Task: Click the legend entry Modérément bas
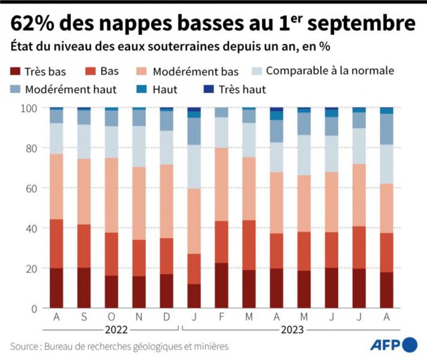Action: [x=196, y=71]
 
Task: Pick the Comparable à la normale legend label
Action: [x=330, y=70]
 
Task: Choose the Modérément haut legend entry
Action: [x=70, y=89]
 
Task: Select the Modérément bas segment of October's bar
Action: [x=111, y=195]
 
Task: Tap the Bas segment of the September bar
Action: [x=84, y=246]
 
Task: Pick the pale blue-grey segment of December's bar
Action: [x=166, y=147]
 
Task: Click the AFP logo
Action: [x=392, y=345]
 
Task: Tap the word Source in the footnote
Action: [x=23, y=346]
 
